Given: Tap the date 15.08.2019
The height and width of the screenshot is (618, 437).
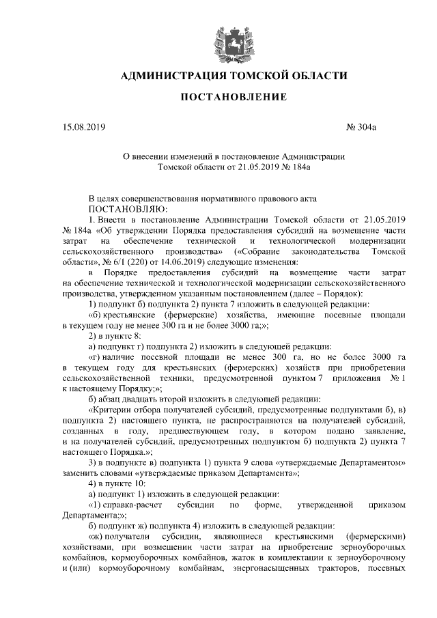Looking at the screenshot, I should click(x=81, y=127).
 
